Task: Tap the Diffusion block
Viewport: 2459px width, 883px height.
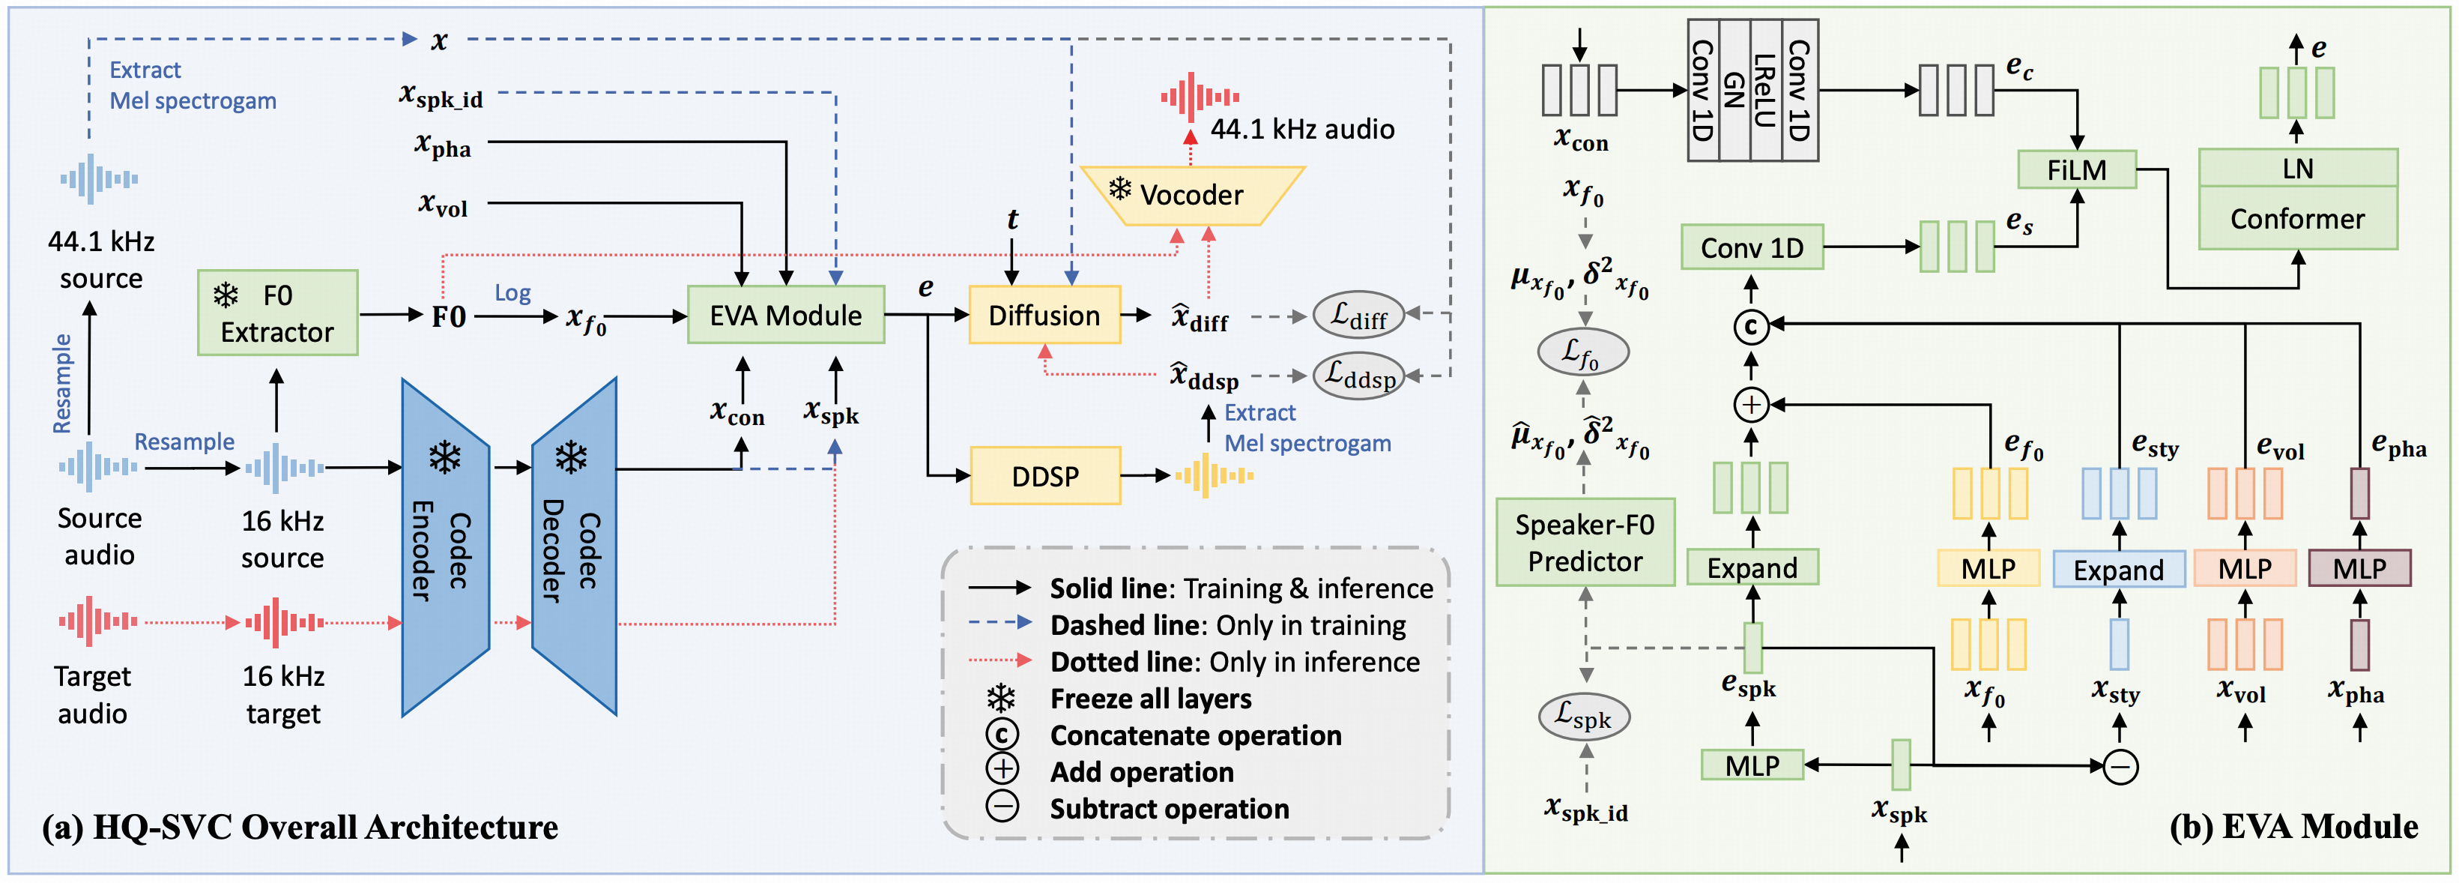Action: [1044, 315]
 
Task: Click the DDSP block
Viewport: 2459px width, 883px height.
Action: [1044, 475]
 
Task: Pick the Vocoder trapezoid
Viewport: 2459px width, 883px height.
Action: [1191, 196]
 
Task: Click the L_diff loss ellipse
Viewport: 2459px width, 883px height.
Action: [1358, 315]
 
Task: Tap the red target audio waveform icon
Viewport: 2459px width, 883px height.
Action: [97, 621]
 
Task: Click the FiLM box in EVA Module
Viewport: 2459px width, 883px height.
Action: [2076, 170]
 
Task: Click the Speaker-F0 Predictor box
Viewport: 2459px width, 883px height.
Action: [1585, 542]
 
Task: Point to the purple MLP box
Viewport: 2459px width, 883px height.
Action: [2359, 569]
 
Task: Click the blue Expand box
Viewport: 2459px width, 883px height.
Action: [2118, 570]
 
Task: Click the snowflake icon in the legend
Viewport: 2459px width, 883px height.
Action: [1001, 699]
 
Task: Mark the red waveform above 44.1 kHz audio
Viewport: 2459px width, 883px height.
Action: [1199, 97]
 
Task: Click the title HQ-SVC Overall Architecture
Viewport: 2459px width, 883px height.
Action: [300, 827]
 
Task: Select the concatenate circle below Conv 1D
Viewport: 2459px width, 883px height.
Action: [1751, 328]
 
